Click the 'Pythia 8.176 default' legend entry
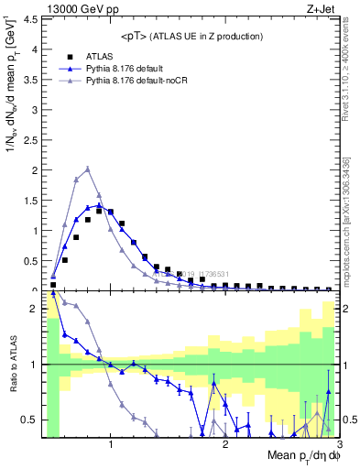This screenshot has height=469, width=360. click(112, 67)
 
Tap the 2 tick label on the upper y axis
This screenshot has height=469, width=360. click(35, 169)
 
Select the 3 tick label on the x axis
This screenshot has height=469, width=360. click(340, 443)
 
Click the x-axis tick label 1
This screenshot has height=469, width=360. click(111, 443)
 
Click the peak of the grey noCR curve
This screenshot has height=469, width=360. click(87, 169)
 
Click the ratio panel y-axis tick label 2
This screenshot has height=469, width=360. click(35, 309)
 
